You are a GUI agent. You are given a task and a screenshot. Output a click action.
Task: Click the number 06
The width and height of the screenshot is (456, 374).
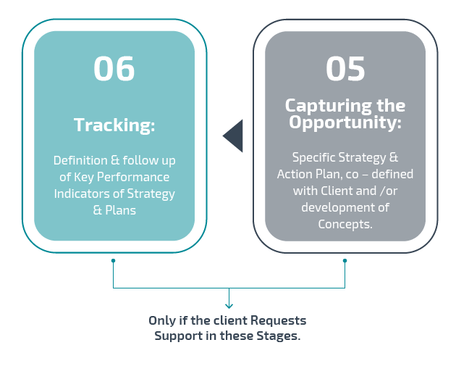pos(114,69)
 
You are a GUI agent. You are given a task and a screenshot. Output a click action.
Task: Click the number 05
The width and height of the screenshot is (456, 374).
pos(345,69)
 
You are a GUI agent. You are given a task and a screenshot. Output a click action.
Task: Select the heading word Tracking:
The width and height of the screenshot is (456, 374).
pos(114,125)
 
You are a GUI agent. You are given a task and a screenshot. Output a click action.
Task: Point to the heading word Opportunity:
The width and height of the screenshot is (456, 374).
pos(345,122)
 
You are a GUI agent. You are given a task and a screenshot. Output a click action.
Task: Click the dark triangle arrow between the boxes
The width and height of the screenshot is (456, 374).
pos(232,136)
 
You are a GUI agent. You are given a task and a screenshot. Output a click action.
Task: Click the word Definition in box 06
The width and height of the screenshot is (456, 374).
pos(80,160)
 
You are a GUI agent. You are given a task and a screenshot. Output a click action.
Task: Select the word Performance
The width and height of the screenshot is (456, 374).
pos(133,177)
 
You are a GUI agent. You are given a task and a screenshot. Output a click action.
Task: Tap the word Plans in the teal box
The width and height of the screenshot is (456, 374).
pos(120,210)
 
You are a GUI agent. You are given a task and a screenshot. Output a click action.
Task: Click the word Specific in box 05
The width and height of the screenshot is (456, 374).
pos(314,157)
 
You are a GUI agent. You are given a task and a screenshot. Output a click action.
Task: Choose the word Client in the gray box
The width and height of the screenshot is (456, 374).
pos(337,191)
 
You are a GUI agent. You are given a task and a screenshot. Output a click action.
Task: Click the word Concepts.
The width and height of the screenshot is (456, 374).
pos(345,224)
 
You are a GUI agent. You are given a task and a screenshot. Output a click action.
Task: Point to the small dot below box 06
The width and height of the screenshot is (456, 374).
pos(113,260)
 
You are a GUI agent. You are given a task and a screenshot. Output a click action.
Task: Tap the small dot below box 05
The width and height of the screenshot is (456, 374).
pos(345,260)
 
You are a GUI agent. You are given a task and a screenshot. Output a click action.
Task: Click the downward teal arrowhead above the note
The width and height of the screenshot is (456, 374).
pos(229,306)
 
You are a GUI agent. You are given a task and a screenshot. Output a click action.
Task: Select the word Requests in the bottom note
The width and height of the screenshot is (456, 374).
pos(279,320)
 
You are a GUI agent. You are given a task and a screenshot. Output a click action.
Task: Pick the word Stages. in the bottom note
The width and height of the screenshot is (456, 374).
pos(279,336)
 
